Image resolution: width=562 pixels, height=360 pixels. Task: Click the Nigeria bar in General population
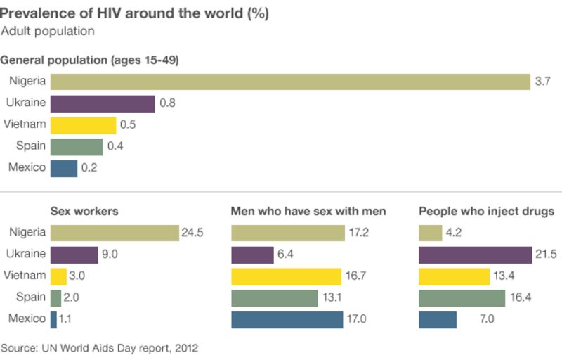[290, 82]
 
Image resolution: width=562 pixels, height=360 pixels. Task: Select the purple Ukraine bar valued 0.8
[103, 103]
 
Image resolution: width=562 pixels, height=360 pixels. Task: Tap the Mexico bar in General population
[64, 168]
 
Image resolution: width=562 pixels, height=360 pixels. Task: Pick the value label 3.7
[542, 82]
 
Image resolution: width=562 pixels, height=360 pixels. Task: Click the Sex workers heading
[84, 211]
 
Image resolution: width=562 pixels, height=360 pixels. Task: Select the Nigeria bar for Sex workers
[115, 233]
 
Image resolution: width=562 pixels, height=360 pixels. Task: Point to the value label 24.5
[192, 233]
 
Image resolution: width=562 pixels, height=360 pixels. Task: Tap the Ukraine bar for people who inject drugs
[475, 255]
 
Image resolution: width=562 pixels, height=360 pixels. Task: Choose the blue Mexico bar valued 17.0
[287, 320]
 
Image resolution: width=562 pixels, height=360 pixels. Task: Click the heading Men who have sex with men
[308, 211]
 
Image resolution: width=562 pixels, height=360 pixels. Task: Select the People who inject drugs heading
[486, 211]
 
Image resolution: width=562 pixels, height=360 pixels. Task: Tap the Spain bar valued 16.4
[462, 298]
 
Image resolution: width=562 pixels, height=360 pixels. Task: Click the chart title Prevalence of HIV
[133, 13]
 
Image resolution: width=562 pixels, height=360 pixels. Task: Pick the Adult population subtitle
[48, 32]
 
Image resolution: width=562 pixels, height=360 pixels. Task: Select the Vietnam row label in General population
[25, 124]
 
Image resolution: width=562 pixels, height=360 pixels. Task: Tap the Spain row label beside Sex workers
[30, 297]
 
